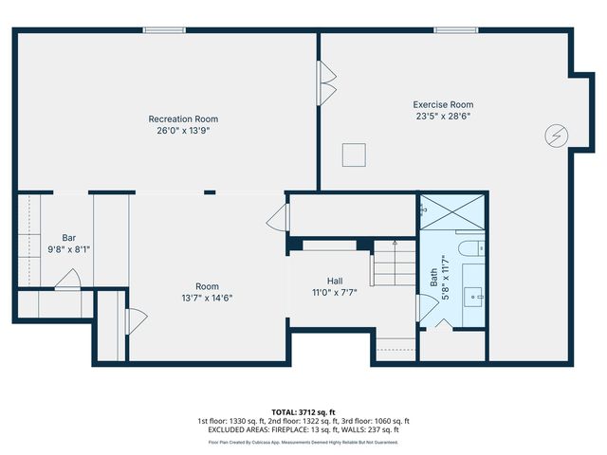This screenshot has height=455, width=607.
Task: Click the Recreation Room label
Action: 183,119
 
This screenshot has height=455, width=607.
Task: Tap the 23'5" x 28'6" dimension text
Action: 442,117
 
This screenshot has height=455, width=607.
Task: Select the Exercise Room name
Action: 442,104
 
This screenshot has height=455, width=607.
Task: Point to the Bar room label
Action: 68,237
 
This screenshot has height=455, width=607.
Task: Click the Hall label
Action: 335,281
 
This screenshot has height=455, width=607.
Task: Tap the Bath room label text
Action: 434,277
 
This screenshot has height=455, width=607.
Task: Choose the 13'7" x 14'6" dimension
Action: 207,298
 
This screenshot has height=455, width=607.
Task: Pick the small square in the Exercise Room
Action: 354,154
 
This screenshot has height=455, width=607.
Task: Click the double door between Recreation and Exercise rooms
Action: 326,83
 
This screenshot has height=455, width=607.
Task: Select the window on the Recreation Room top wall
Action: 164,29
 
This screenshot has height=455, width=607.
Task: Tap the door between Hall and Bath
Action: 421,309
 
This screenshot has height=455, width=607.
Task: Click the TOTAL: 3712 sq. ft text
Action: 303,411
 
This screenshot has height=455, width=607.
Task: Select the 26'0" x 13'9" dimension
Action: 183,132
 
